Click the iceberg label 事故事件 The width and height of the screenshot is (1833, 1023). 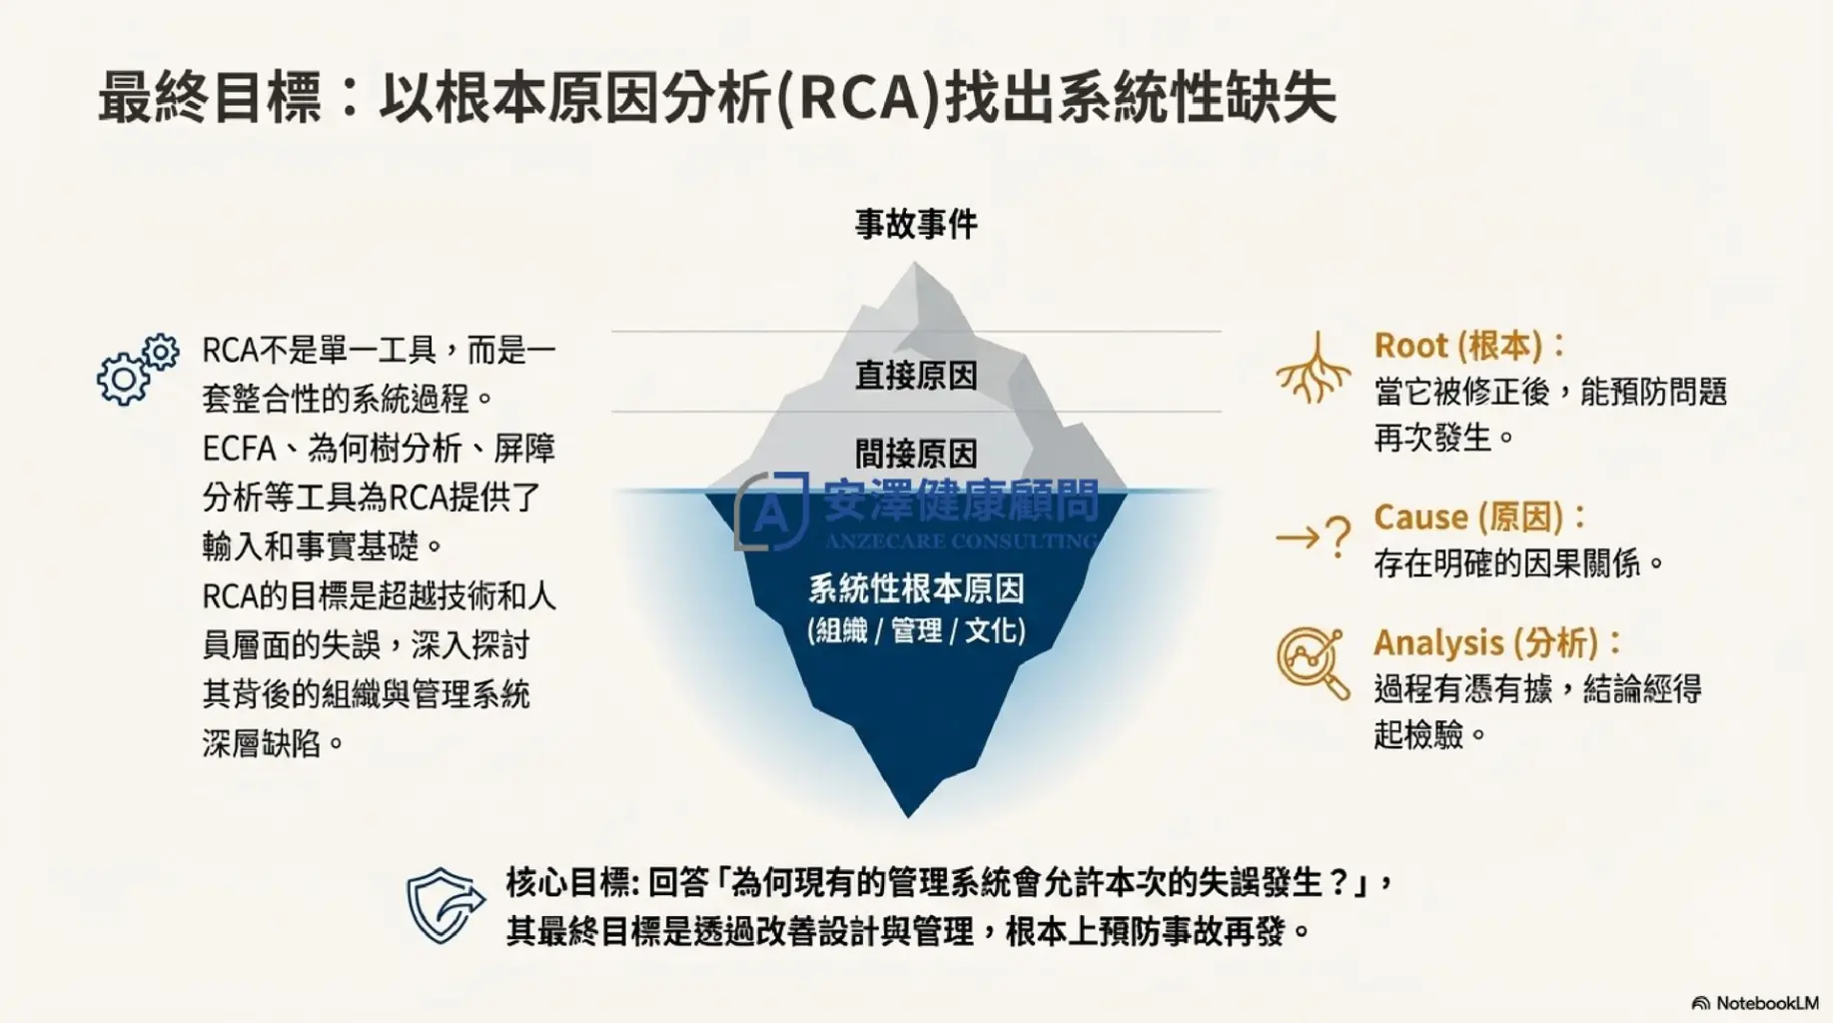coord(916,224)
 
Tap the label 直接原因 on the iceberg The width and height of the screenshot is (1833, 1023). coord(916,376)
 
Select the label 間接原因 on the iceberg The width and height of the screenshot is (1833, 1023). coord(916,454)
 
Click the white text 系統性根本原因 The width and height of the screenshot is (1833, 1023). coord(916,588)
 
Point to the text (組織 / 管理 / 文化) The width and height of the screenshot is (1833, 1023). coord(916,630)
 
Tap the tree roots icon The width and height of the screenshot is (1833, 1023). coord(1313,367)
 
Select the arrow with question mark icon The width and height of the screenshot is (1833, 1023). coord(1314,537)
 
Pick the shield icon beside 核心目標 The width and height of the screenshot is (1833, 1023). coord(446,906)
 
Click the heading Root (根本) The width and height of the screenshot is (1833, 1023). coord(1458,346)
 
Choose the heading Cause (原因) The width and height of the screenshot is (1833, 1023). coord(1468,517)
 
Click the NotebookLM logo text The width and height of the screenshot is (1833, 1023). coord(1755,1003)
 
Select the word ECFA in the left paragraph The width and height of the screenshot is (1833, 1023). coord(239,449)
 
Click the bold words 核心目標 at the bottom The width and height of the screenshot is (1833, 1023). coord(567,883)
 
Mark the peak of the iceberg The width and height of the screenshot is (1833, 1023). coord(915,264)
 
